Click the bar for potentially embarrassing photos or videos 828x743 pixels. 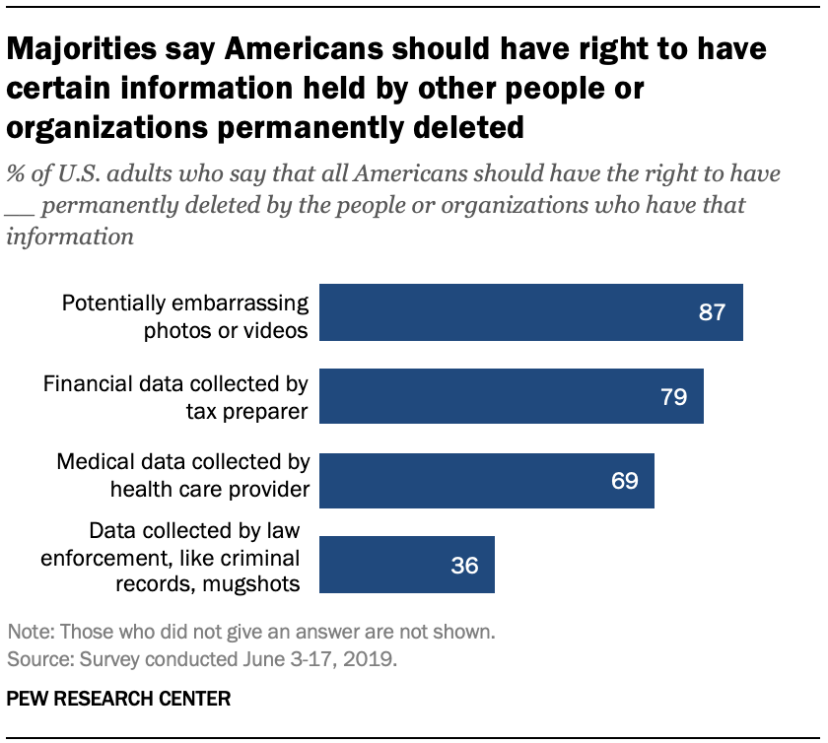(532, 313)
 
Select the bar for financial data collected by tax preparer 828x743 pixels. (513, 397)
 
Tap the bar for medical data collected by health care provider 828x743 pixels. (488, 481)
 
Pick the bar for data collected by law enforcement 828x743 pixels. (408, 565)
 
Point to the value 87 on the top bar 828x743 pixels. (711, 313)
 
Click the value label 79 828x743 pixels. (672, 397)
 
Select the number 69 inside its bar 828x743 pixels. (623, 481)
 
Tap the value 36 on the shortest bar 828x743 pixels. (463, 566)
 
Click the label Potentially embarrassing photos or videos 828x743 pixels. (185, 314)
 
